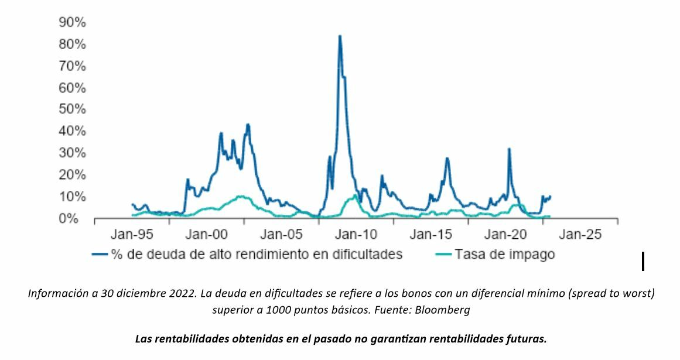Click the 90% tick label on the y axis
pyautogui.click(x=73, y=22)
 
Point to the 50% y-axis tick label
pyautogui.click(x=73, y=109)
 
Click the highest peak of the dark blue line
pyautogui.click(x=340, y=36)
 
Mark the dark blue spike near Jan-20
pyautogui.click(x=509, y=149)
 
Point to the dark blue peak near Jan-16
pyautogui.click(x=447, y=158)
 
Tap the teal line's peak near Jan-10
pyautogui.click(x=355, y=195)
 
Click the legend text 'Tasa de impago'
pyautogui.click(x=505, y=255)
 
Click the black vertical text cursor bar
pyautogui.click(x=643, y=261)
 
